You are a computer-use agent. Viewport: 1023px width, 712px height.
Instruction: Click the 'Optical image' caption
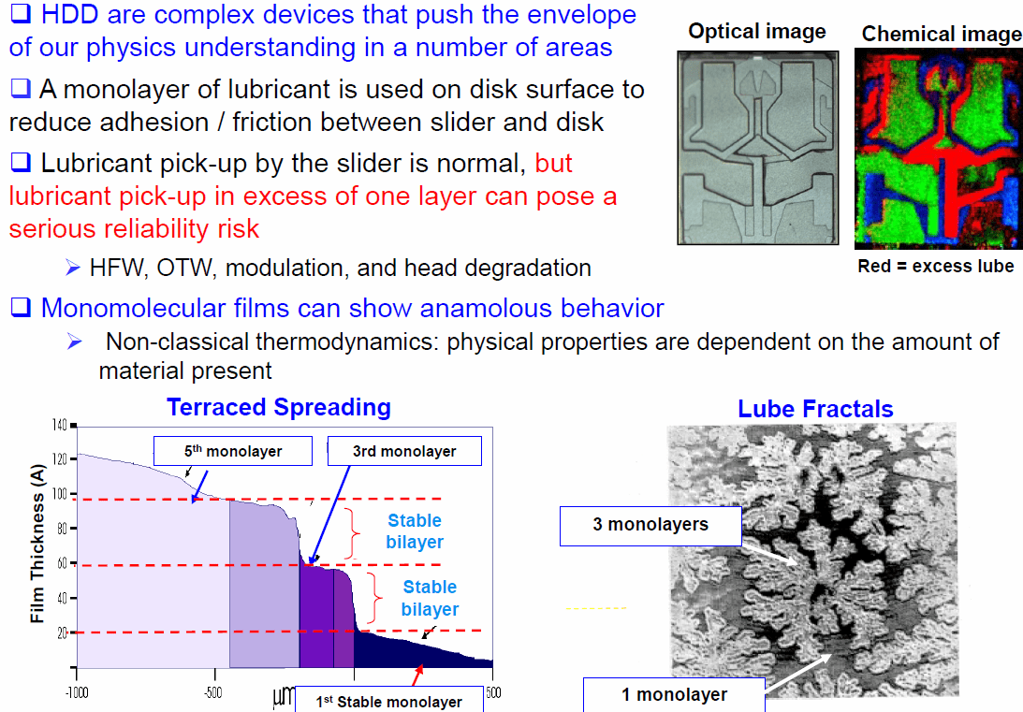[756, 31]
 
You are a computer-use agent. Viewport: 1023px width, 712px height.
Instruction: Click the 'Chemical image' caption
[941, 34]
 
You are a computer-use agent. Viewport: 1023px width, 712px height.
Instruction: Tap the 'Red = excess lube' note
[935, 266]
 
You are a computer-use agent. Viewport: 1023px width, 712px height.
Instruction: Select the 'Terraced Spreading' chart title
[279, 407]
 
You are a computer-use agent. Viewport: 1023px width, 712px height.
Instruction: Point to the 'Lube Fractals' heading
[815, 409]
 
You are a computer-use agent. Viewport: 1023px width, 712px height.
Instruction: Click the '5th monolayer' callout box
[232, 451]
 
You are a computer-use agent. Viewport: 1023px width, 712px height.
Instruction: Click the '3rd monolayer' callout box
[404, 451]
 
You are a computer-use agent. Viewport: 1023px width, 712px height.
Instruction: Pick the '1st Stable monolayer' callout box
[389, 701]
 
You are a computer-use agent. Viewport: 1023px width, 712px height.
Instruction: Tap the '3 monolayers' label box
[650, 525]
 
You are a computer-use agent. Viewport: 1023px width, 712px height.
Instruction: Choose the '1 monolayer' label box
[674, 694]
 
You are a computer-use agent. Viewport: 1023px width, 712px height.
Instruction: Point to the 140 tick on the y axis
[59, 426]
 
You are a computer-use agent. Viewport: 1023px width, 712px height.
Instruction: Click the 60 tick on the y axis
[62, 563]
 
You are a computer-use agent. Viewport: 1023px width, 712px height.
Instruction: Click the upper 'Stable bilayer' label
[415, 530]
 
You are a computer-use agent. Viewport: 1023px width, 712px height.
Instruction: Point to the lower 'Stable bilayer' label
[430, 598]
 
